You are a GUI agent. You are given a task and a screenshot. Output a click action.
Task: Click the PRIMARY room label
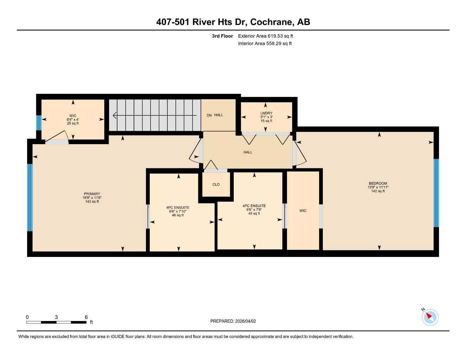(x=92, y=194)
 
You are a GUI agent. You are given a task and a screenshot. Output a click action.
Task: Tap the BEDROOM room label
(x=378, y=183)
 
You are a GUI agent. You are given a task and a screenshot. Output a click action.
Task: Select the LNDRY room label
(x=266, y=113)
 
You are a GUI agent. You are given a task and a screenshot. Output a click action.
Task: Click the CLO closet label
(x=216, y=185)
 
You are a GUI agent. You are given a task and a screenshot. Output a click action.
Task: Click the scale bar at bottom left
(x=56, y=322)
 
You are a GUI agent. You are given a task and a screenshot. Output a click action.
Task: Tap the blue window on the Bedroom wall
(x=436, y=193)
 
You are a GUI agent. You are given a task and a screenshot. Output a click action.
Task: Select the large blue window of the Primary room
(x=30, y=197)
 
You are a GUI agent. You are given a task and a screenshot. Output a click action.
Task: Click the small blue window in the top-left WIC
(x=39, y=123)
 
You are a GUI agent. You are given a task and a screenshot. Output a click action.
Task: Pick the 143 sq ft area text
(x=92, y=202)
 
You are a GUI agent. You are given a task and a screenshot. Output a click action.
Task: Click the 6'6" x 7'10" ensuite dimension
(x=178, y=211)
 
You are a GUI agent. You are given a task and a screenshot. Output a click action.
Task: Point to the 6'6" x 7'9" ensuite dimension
(x=254, y=210)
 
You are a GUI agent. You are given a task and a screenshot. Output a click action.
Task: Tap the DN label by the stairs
(x=209, y=115)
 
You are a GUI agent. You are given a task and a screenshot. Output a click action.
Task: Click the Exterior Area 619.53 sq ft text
(x=266, y=36)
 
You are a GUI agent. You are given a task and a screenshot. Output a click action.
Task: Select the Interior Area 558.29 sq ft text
(x=265, y=44)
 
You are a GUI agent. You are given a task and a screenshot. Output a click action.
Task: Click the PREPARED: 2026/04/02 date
(x=233, y=321)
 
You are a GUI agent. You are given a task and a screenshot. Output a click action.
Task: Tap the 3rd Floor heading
(x=222, y=36)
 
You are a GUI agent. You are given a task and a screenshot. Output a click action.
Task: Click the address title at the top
(x=233, y=22)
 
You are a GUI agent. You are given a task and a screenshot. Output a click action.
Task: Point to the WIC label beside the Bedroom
(x=303, y=211)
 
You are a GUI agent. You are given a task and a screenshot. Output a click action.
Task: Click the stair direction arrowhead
(x=115, y=115)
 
